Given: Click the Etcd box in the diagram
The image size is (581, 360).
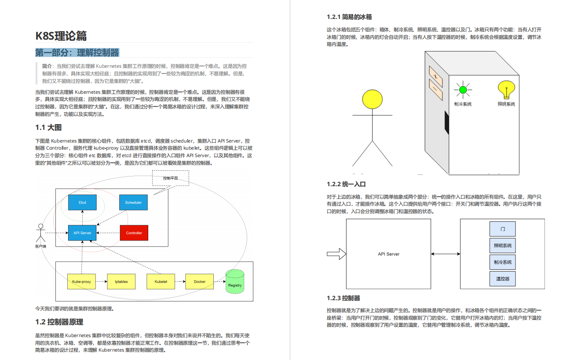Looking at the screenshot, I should (82, 202).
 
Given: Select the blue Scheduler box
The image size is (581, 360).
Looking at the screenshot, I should (133, 202).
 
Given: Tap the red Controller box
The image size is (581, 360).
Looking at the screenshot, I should (134, 233).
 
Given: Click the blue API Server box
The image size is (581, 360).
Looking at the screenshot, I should (82, 233).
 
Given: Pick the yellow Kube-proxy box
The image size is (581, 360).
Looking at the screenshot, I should (81, 282).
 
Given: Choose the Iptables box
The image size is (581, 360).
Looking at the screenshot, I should (121, 282).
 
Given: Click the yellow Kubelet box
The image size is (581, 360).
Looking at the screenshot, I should (161, 282).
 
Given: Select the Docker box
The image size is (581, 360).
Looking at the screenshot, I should (200, 282).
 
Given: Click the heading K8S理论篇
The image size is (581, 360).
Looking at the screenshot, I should (61, 36).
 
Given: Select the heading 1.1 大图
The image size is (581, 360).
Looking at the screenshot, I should (48, 128).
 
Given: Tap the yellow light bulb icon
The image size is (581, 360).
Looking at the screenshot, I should (506, 90).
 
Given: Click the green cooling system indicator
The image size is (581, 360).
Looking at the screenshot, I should (462, 90).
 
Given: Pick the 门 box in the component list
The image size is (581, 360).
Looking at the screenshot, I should (503, 229).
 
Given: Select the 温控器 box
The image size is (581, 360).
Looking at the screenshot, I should (503, 279).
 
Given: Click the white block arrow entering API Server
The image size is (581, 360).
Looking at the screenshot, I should (336, 254).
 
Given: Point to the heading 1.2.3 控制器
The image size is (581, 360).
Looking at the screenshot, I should (343, 298).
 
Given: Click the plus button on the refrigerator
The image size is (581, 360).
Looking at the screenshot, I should (435, 75).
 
